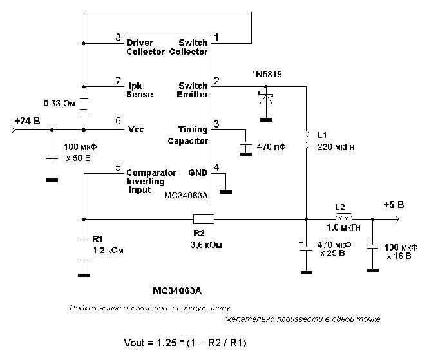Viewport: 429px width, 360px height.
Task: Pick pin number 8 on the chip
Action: pos(118,38)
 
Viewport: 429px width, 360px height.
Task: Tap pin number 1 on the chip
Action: pos(217,38)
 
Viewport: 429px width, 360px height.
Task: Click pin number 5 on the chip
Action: pos(118,167)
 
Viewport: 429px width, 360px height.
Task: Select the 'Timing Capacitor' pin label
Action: pos(189,134)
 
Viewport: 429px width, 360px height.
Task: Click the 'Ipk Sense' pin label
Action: pos(141,90)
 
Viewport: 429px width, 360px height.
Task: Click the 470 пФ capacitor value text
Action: pos(271,147)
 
